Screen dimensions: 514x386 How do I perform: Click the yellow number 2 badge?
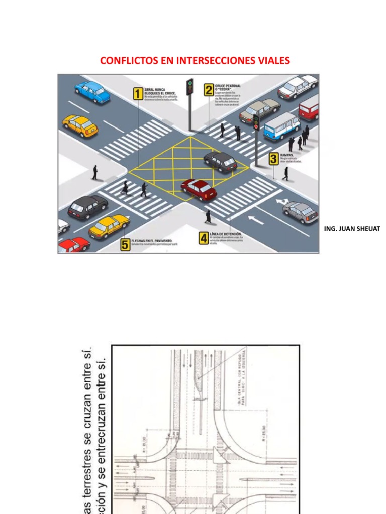(x=209, y=90)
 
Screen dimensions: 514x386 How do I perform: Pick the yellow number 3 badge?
(x=273, y=159)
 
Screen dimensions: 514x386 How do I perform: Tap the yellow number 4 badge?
(x=204, y=238)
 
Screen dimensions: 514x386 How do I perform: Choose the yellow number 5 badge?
(x=125, y=244)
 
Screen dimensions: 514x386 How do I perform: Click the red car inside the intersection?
(x=199, y=189)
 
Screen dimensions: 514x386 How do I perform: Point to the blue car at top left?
(x=92, y=92)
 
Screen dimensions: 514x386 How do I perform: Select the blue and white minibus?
(x=281, y=125)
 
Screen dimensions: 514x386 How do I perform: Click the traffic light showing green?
(x=189, y=86)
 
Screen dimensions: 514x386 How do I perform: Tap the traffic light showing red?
(x=256, y=122)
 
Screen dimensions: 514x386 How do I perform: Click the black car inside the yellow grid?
(x=220, y=161)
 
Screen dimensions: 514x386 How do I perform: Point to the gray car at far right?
(x=301, y=212)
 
